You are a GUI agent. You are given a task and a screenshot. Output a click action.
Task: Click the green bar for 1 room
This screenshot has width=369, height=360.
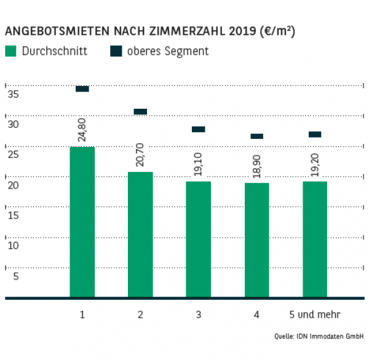pyautogui.click(x=82, y=222)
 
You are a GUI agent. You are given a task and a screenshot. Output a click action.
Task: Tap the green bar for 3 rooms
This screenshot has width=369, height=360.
pyautogui.click(x=198, y=240)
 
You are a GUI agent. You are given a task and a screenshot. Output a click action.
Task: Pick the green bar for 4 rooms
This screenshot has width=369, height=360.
pyautogui.click(x=256, y=240)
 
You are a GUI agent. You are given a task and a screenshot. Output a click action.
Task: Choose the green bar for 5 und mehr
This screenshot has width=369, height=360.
pyautogui.click(x=315, y=240)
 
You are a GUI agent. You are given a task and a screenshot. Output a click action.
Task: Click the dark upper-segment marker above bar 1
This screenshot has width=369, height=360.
pyautogui.click(x=82, y=89)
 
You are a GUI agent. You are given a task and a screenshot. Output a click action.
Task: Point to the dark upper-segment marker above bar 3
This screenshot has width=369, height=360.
pyautogui.click(x=198, y=129)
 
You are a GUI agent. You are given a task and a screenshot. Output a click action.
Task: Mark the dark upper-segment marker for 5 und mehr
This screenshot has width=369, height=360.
pyautogui.click(x=315, y=135)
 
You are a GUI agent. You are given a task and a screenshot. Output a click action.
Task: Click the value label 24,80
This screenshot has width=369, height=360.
pyautogui.click(x=82, y=130)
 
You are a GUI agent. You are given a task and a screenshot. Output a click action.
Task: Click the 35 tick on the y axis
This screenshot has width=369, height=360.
pyautogui.click(x=12, y=95)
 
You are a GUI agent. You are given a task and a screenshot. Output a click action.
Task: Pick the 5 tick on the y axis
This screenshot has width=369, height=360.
pyautogui.click(x=15, y=276)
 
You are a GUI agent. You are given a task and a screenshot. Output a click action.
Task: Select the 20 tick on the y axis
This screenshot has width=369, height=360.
pyautogui.click(x=12, y=185)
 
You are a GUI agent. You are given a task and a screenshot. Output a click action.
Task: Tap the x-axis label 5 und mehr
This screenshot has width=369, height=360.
pyautogui.click(x=315, y=315)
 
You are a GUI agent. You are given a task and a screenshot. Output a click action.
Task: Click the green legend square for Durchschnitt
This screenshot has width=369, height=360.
pyautogui.click(x=10, y=51)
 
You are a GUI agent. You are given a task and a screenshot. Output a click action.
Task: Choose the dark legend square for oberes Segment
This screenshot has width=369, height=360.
pyautogui.click(x=116, y=51)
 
